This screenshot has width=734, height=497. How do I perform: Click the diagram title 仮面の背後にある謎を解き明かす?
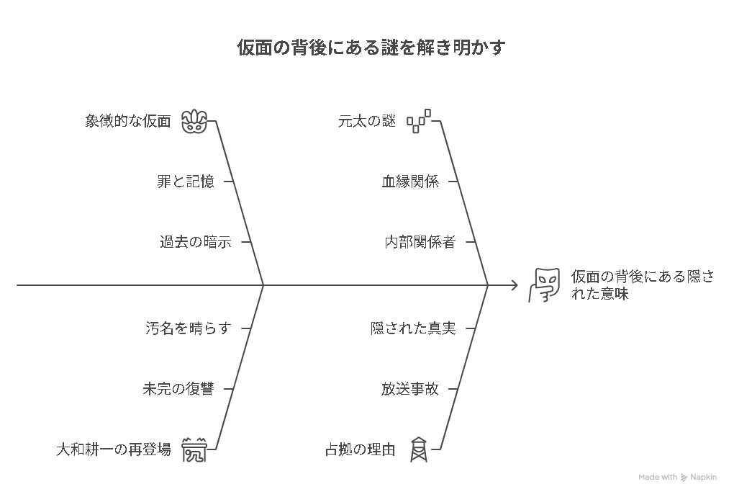pyautogui.click(x=371, y=48)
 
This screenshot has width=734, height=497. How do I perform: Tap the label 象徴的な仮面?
pyautogui.click(x=128, y=121)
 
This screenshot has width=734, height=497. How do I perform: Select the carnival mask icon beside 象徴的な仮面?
pyautogui.click(x=194, y=121)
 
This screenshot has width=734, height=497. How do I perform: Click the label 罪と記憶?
pyautogui.click(x=186, y=182)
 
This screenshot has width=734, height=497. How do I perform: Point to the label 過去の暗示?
pyautogui.click(x=196, y=242)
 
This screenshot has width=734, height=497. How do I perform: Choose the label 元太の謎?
pyautogui.click(x=367, y=121)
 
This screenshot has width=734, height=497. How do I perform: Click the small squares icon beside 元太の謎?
pyautogui.click(x=419, y=121)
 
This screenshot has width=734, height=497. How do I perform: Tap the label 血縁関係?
pyautogui.click(x=410, y=182)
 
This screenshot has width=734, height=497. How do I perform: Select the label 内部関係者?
pyautogui.click(x=420, y=242)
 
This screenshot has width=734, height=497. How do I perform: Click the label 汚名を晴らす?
pyautogui.click(x=189, y=328)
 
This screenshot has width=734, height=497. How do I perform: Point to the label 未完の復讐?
pyautogui.click(x=178, y=389)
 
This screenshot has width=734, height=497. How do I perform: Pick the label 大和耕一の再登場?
pyautogui.click(x=114, y=449)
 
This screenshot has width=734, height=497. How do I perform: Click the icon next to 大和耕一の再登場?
pyautogui.click(x=194, y=449)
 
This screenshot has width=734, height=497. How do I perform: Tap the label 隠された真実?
pyautogui.click(x=413, y=328)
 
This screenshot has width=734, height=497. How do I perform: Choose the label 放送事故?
pyautogui.click(x=410, y=389)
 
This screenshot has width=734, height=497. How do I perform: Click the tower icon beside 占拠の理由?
pyautogui.click(x=419, y=449)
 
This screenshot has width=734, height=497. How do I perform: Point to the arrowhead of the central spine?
pyautogui.click(x=515, y=285)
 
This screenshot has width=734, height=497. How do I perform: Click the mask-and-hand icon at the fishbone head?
pyautogui.click(x=544, y=285)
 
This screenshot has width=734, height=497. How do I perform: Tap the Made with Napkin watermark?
pyautogui.click(x=677, y=478)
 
